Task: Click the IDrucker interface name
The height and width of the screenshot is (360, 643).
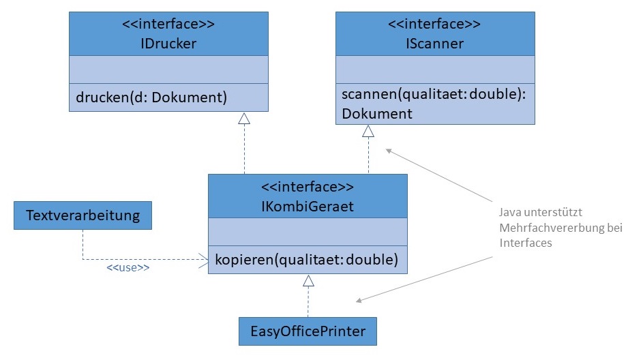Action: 168,44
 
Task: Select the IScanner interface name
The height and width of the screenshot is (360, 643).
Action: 434,44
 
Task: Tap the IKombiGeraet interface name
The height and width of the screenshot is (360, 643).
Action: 308,206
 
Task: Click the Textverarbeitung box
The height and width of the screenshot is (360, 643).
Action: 83,216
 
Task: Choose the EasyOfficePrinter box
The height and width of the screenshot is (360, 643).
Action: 308,331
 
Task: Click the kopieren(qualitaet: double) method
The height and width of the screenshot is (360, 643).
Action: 306,259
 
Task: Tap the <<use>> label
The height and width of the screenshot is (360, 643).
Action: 128,268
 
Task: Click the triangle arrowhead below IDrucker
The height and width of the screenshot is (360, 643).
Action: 244,119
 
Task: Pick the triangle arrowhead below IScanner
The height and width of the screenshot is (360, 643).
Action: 368,132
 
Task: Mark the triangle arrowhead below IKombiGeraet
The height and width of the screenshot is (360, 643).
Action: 308,280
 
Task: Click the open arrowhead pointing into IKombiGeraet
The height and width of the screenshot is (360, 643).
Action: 203,259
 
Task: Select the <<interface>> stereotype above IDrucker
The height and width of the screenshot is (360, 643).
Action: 168,25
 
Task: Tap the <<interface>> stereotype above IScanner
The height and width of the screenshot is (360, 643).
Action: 434,25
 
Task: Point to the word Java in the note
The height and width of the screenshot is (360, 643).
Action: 512,213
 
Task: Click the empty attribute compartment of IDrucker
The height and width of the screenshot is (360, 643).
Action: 168,70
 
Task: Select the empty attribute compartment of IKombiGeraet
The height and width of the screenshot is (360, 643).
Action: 308,232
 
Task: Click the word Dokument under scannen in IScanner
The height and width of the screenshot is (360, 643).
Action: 376,113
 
